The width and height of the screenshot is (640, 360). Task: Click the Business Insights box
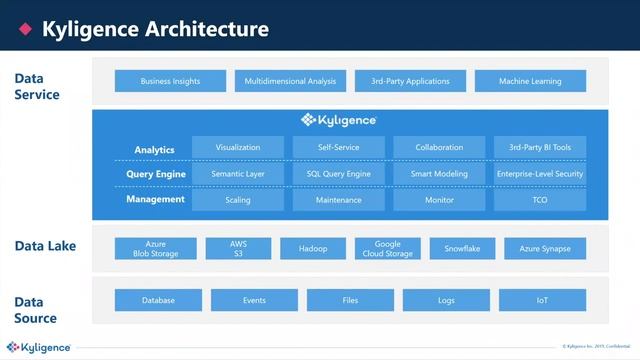click(170, 81)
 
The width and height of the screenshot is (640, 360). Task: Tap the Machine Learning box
click(530, 81)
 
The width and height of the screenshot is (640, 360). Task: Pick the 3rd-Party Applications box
click(410, 81)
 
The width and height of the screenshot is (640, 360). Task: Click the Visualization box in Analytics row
click(237, 148)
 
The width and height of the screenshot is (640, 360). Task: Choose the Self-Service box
click(338, 148)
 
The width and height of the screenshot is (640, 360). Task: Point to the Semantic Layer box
click(237, 174)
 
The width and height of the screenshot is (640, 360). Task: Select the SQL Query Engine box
click(338, 174)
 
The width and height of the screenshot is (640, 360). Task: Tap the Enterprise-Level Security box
click(540, 174)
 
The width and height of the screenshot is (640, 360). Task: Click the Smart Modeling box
click(439, 174)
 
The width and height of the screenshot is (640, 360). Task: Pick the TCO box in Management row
click(540, 200)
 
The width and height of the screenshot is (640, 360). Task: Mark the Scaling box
click(237, 200)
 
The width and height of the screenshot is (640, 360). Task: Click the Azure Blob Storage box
click(155, 248)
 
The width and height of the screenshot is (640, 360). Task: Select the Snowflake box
click(462, 248)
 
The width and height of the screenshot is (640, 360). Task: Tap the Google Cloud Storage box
click(388, 248)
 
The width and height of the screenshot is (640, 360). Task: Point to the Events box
click(253, 300)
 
